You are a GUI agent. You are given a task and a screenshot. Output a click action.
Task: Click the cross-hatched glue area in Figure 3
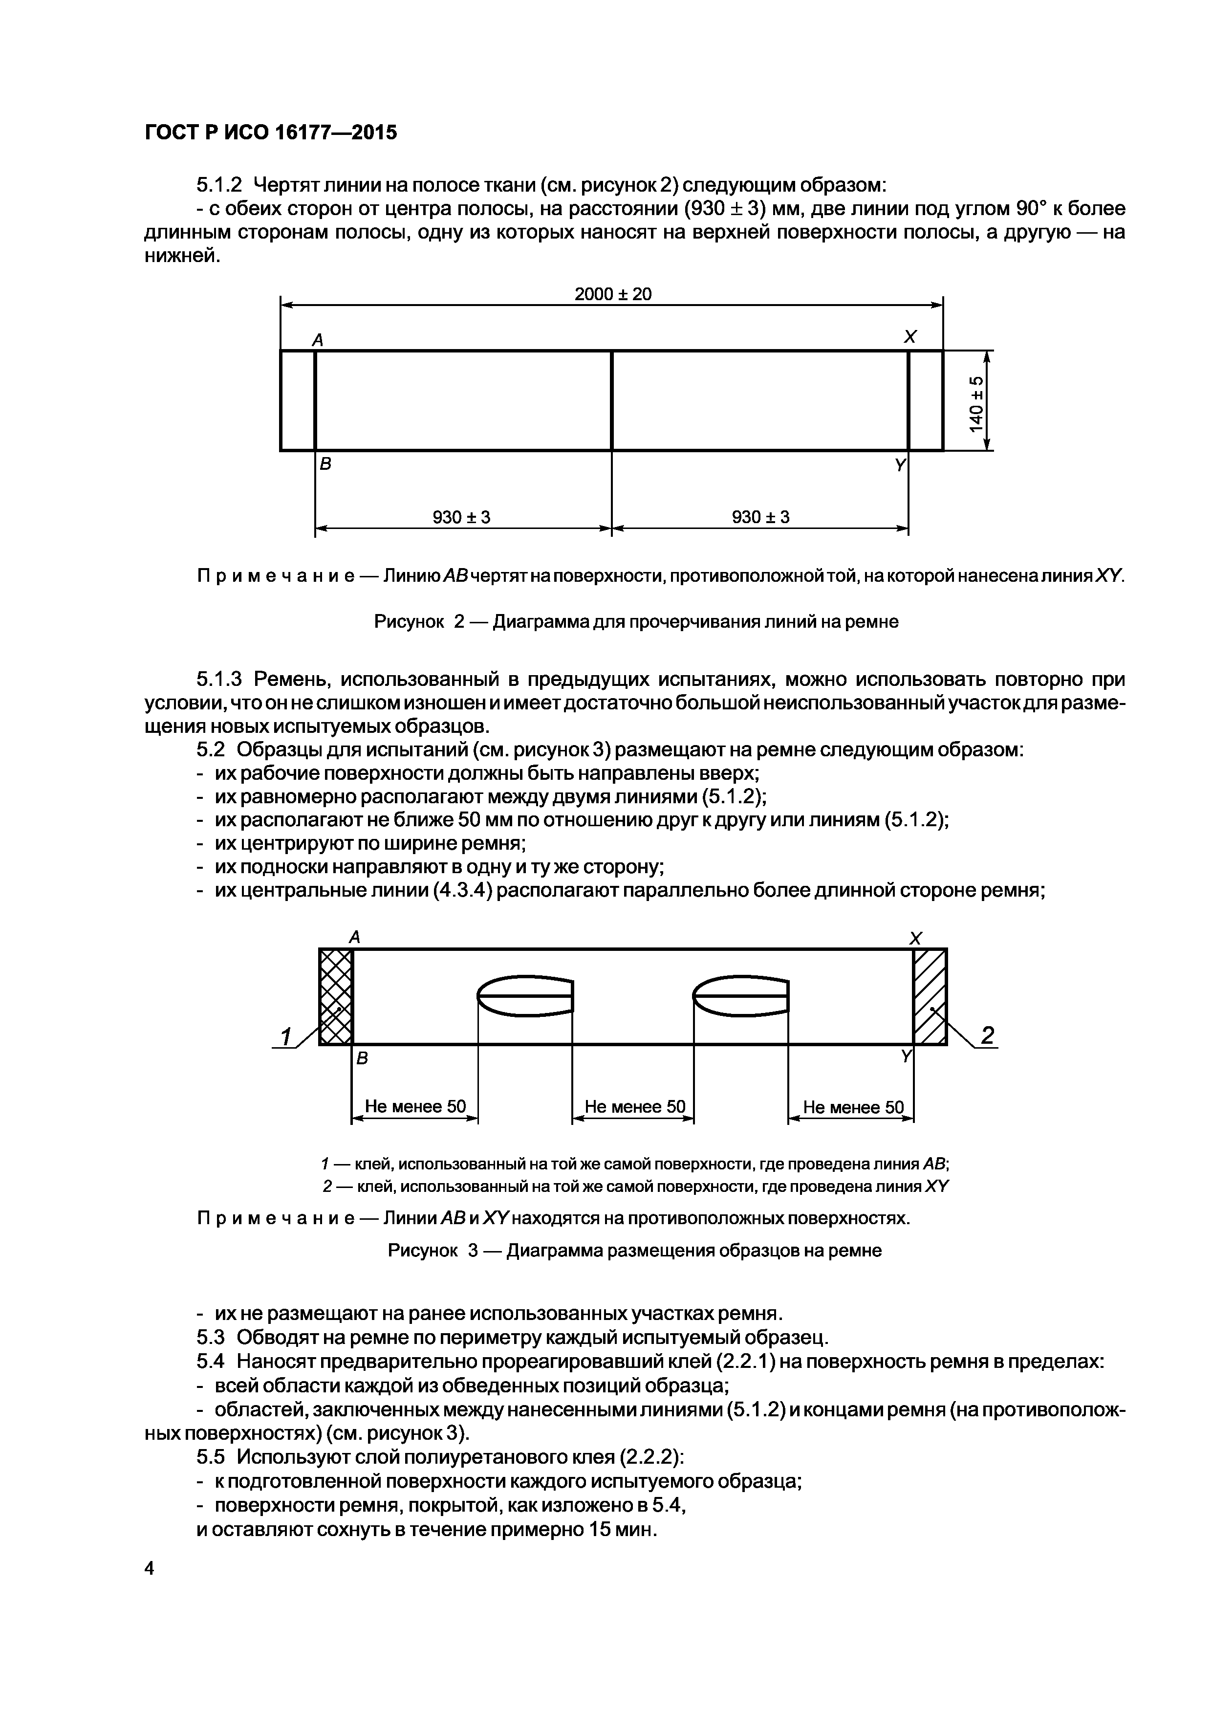click(x=335, y=996)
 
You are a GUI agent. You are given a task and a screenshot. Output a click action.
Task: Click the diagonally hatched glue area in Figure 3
click(x=930, y=996)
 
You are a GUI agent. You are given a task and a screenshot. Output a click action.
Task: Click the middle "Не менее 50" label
click(x=634, y=1106)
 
